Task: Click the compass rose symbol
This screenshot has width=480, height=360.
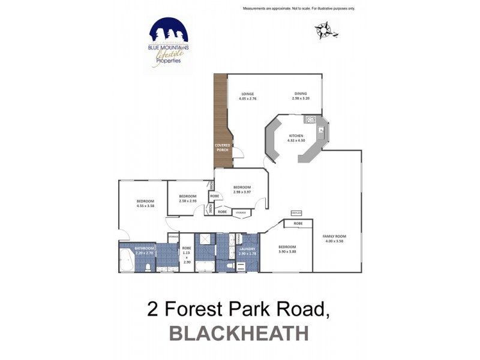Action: click(324, 29)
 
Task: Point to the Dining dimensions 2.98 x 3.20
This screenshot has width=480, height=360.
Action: click(301, 98)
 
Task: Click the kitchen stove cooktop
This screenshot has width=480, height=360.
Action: click(310, 120)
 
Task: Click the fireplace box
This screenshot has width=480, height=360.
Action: click(296, 213)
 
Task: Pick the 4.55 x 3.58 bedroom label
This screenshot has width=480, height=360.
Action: click(145, 203)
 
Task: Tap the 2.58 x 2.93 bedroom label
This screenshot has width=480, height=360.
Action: click(188, 198)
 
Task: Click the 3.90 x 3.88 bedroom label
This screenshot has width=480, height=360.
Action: click(287, 248)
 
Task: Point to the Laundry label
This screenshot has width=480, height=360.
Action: click(247, 250)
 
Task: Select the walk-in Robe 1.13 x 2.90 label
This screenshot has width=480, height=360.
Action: click(187, 255)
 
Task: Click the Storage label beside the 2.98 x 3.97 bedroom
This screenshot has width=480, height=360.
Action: click(241, 212)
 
